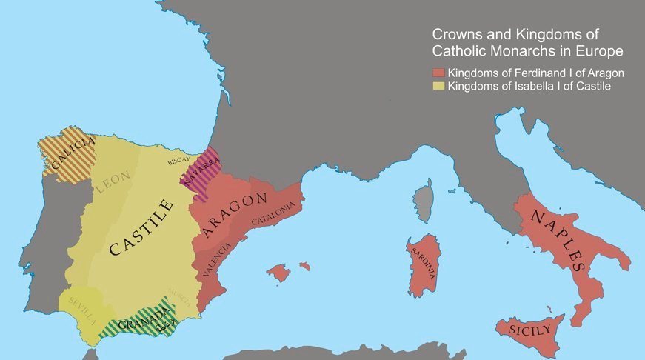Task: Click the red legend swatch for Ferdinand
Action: (438, 73)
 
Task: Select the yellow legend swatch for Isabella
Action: (438, 87)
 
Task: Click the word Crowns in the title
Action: (455, 35)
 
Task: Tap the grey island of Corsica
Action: (423, 200)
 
